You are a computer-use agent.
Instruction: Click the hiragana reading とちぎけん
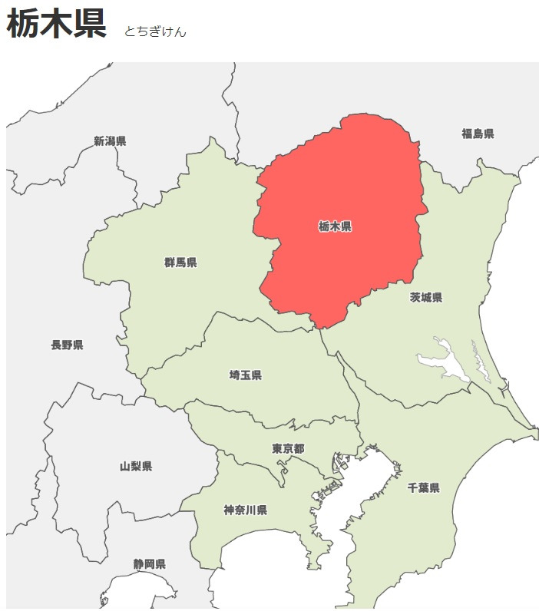(155, 31)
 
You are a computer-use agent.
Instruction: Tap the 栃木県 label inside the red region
(335, 226)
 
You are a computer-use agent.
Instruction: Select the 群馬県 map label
(180, 263)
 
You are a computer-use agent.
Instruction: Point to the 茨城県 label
(426, 297)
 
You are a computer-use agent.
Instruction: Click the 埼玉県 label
(246, 375)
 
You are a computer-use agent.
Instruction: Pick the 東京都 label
(288, 448)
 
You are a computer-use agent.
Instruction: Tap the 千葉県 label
(423, 487)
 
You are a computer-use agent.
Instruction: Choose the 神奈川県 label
(246, 510)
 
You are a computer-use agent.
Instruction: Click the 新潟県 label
(110, 140)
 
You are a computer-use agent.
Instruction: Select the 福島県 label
(478, 134)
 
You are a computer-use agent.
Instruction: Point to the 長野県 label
(68, 345)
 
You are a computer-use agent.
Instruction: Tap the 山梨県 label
(136, 466)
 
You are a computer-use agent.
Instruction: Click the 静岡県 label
(149, 564)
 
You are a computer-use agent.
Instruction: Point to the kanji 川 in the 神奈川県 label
(251, 510)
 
